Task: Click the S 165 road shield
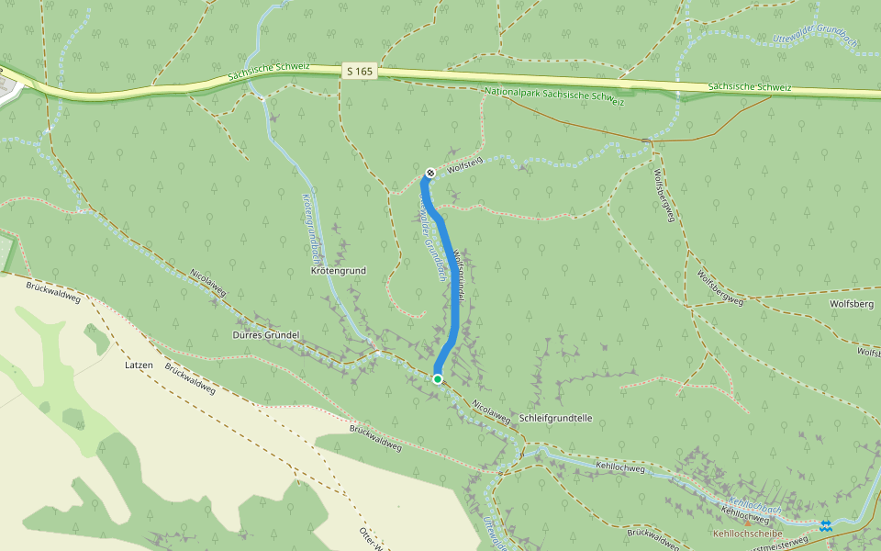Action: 359,71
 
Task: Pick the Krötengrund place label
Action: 339,272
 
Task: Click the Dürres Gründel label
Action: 261,335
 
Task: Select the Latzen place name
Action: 137,365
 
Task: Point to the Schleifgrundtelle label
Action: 555,418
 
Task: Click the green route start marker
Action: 438,378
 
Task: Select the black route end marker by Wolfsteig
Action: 430,173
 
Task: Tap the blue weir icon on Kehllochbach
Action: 826,525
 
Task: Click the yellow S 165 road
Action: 551,78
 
